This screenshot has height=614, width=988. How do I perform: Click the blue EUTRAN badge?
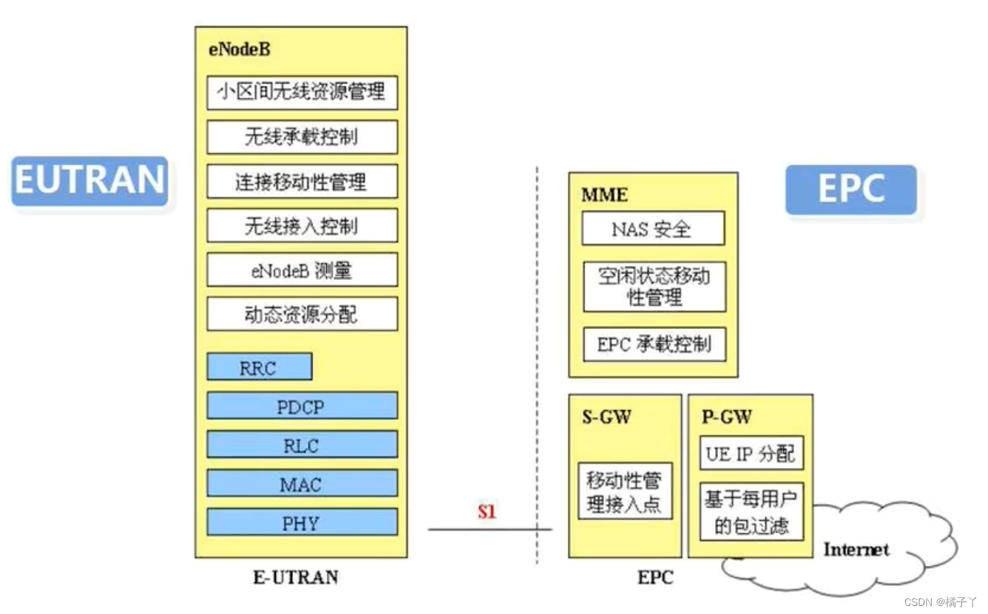(x=89, y=181)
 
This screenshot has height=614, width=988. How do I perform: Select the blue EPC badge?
(x=850, y=189)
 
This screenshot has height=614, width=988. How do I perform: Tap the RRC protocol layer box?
(x=259, y=367)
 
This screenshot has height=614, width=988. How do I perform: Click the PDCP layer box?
(x=302, y=406)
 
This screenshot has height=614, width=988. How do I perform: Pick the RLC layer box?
(x=302, y=445)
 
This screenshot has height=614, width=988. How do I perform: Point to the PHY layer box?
(x=302, y=522)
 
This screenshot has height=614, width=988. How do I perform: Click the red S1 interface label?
(x=487, y=511)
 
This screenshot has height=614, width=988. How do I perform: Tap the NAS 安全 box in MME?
(x=652, y=229)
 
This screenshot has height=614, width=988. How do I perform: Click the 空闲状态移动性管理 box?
(x=654, y=287)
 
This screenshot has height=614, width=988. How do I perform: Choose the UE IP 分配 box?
(x=751, y=453)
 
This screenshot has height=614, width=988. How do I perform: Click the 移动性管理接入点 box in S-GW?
(x=625, y=493)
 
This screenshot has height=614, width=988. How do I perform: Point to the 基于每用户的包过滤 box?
(x=751, y=512)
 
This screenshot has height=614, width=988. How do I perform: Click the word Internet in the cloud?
(x=856, y=549)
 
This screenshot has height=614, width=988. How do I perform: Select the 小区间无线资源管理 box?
(x=302, y=92)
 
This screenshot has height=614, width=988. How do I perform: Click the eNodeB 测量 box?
(x=302, y=270)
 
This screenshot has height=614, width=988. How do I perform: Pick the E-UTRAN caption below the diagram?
(x=296, y=577)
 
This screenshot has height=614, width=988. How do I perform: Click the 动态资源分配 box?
(x=302, y=314)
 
